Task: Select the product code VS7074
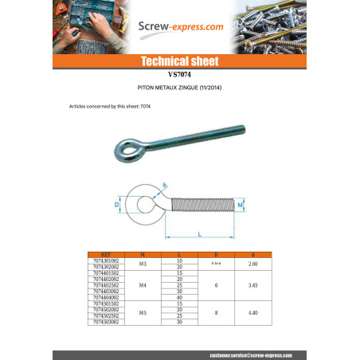click(x=180, y=74)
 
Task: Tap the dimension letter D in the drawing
click(x=116, y=205)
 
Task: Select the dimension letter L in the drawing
click(x=199, y=233)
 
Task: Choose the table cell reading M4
click(x=143, y=284)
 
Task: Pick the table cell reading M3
click(x=143, y=264)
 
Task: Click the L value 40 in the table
click(x=180, y=297)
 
